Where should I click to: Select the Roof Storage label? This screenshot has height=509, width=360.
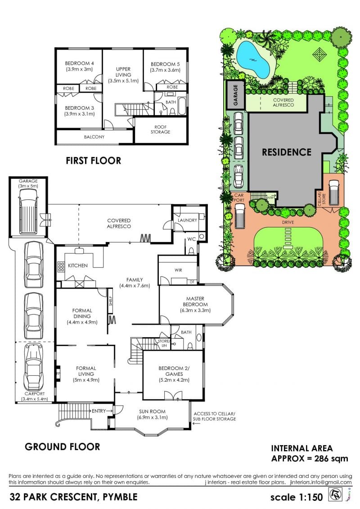(x=160, y=129)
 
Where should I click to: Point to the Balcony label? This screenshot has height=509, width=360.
(x=94, y=137)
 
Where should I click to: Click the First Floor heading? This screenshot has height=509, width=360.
(x=94, y=161)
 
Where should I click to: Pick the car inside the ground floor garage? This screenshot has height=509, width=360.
(x=28, y=211)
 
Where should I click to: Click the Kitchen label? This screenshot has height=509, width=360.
(x=77, y=266)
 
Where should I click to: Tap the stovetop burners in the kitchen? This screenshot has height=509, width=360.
(x=61, y=266)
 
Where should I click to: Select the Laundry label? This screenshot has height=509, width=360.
(x=187, y=220)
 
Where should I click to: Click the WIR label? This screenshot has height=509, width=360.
(x=178, y=270)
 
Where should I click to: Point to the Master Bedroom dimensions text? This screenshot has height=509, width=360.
(x=195, y=311)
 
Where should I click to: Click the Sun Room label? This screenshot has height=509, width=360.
(x=152, y=411)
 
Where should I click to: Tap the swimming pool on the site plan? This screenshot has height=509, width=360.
(x=253, y=59)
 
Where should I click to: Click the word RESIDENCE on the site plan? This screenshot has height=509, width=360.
(x=287, y=152)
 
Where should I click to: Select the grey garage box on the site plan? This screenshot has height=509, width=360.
(x=235, y=94)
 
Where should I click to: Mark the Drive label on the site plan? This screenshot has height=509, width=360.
(x=288, y=222)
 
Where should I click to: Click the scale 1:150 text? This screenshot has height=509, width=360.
(x=297, y=497)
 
